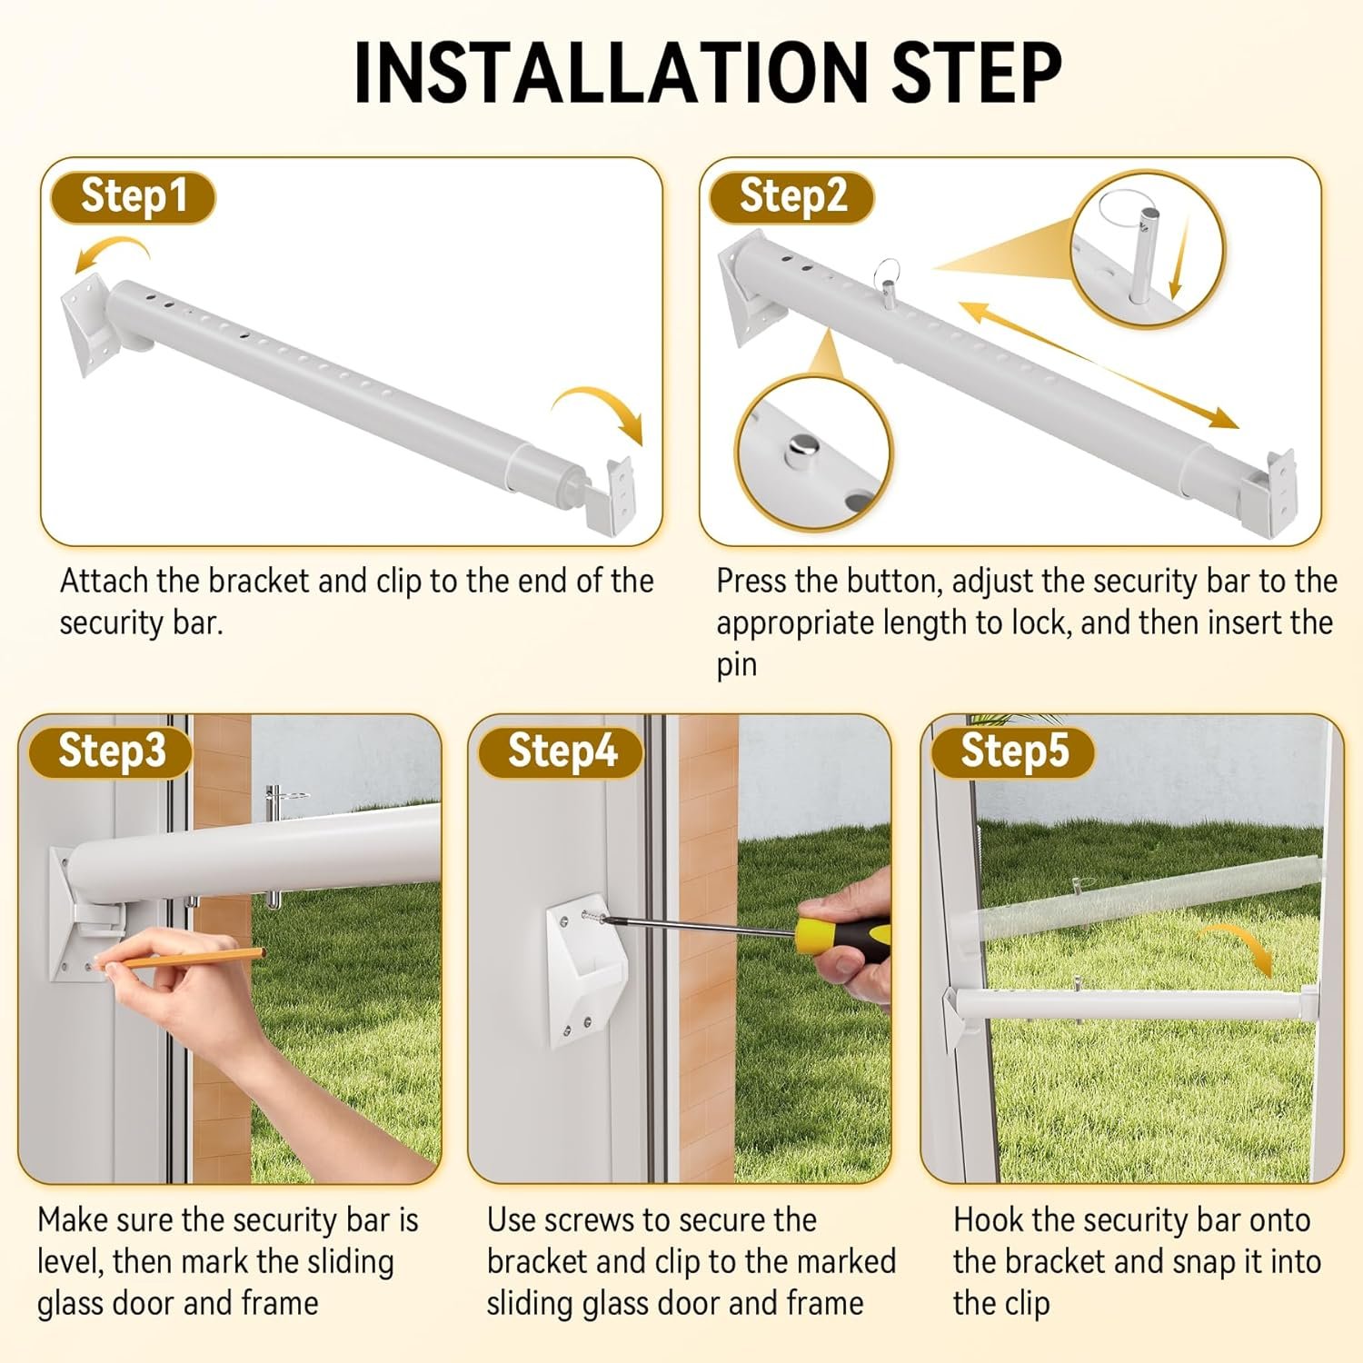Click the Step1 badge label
pos(133,197)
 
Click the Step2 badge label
pos(791,197)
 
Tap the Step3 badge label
pos(111,751)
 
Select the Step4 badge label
pos(561,751)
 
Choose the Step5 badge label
pos(1013,751)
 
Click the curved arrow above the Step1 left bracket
pos(111,253)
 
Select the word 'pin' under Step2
pos(736,666)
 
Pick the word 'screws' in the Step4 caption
pos(604,1220)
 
